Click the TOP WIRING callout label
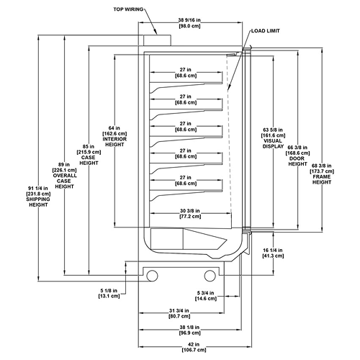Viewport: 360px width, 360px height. click(128, 9)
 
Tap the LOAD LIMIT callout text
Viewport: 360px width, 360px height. click(266, 31)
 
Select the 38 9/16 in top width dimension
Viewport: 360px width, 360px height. click(189, 23)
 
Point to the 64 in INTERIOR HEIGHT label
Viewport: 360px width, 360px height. click(114, 136)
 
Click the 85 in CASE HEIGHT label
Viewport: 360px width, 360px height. click(89, 155)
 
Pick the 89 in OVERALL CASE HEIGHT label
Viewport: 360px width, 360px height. click(64, 176)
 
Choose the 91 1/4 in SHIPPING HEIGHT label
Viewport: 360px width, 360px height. click(38, 197)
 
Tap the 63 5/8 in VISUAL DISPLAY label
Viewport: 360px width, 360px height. click(273, 138)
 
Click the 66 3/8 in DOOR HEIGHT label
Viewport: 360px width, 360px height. click(297, 156)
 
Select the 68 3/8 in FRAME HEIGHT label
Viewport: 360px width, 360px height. click(322, 174)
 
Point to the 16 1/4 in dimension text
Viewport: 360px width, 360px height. click(273, 253)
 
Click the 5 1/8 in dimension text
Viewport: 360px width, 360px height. click(109, 293)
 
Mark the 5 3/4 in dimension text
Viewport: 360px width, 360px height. click(205, 296)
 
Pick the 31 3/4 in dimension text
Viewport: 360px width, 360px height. click(179, 313)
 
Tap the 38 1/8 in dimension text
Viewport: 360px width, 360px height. click(189, 330)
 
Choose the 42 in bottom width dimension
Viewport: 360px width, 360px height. click(194, 347)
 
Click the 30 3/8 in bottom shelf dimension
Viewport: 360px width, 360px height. click(190, 214)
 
